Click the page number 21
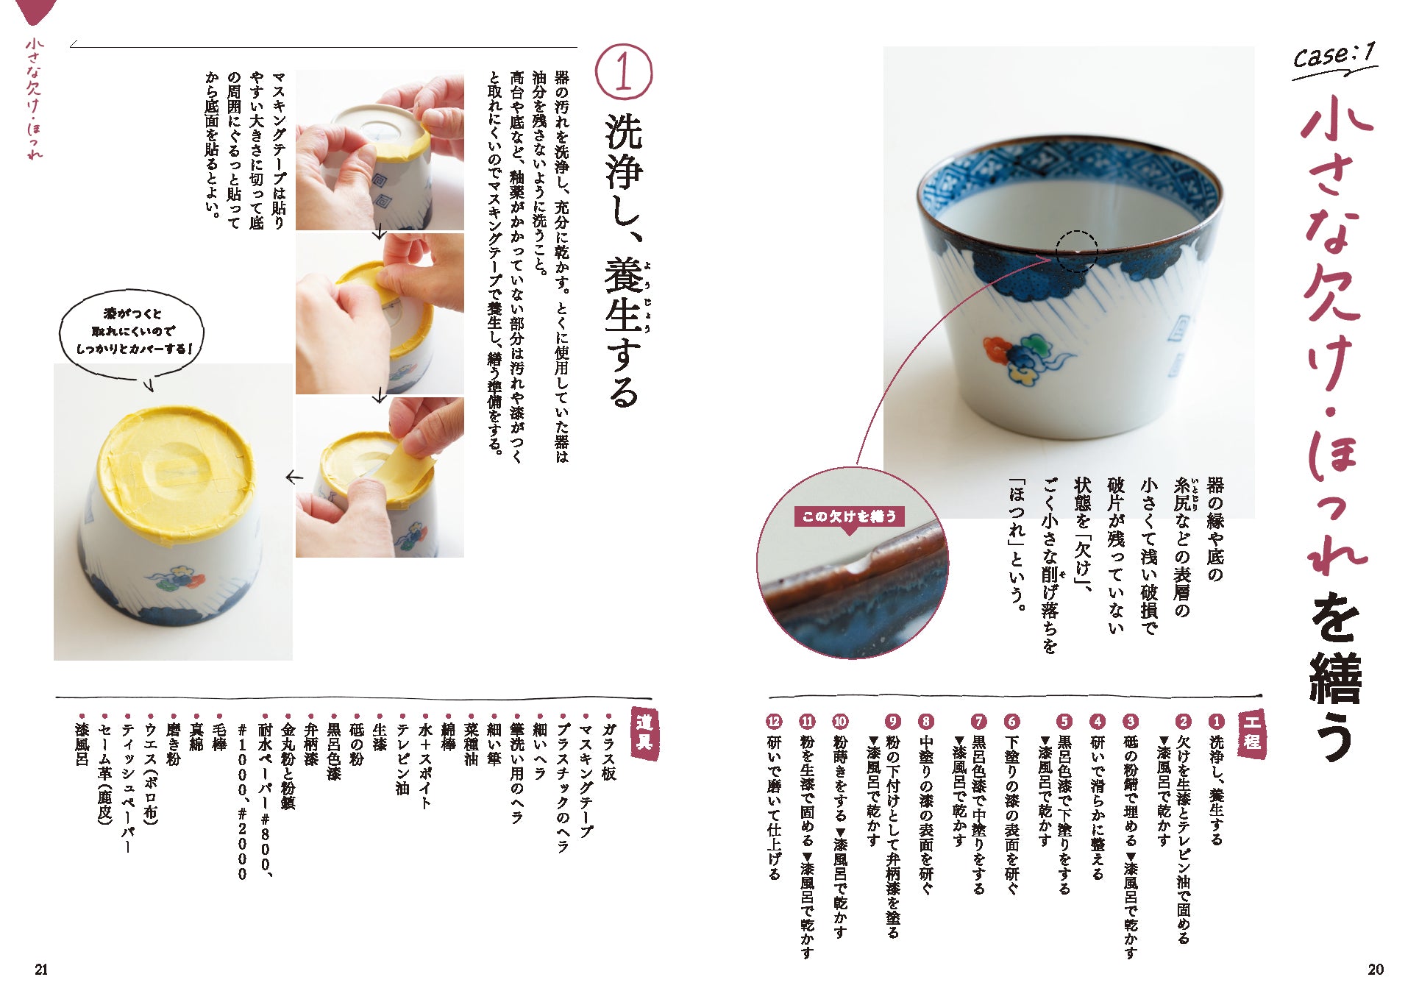[x=41, y=970]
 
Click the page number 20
[x=1376, y=970]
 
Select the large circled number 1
[x=623, y=72]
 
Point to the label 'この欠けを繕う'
[x=850, y=516]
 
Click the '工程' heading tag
[x=1251, y=732]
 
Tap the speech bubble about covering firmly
[x=132, y=333]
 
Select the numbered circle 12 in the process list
[x=774, y=722]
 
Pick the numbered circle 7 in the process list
[x=978, y=722]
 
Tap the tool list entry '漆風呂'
[x=82, y=745]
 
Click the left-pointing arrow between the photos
[x=294, y=477]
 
